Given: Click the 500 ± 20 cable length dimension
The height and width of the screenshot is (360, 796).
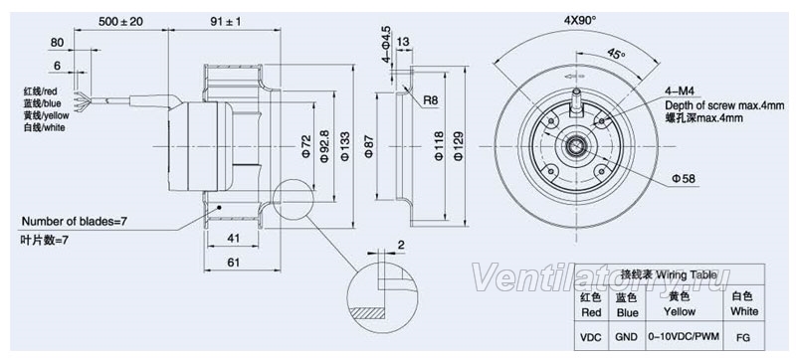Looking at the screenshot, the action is point(121,21).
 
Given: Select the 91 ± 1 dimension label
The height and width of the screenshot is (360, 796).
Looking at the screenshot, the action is point(225,21).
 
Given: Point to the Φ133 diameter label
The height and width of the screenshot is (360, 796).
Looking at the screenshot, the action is point(344,147).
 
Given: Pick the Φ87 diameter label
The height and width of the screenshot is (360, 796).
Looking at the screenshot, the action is point(368,147).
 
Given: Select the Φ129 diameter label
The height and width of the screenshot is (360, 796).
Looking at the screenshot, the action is point(458,146).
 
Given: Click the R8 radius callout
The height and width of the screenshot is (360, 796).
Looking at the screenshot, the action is point(431,100).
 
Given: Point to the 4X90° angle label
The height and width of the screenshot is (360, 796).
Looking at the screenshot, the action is point(580,21).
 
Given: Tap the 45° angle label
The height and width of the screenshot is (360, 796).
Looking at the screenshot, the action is point(616,55).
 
